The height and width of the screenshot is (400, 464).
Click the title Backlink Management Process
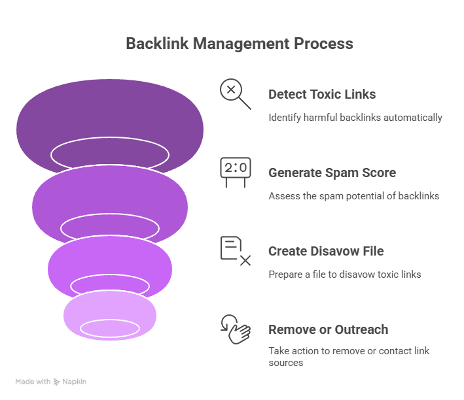(239, 44)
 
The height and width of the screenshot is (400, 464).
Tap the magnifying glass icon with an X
(234, 93)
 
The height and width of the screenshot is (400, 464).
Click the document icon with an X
(234, 250)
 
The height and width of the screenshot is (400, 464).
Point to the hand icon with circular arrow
(235, 328)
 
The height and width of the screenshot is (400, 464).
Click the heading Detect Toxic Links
(322, 94)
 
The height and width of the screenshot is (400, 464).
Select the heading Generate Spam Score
(332, 173)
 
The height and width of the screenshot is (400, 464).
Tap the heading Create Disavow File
(326, 251)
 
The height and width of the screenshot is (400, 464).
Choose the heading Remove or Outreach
(328, 329)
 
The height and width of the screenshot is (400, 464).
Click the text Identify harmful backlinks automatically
(355, 118)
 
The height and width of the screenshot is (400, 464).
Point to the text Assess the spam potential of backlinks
(353, 196)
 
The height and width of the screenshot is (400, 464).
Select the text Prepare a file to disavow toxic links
(344, 275)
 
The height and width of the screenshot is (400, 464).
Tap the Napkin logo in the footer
(70, 382)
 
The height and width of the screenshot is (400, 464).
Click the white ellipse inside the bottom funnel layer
(109, 329)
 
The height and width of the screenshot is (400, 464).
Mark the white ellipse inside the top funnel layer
(109, 154)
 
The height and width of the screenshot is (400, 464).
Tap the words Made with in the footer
(33, 382)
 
